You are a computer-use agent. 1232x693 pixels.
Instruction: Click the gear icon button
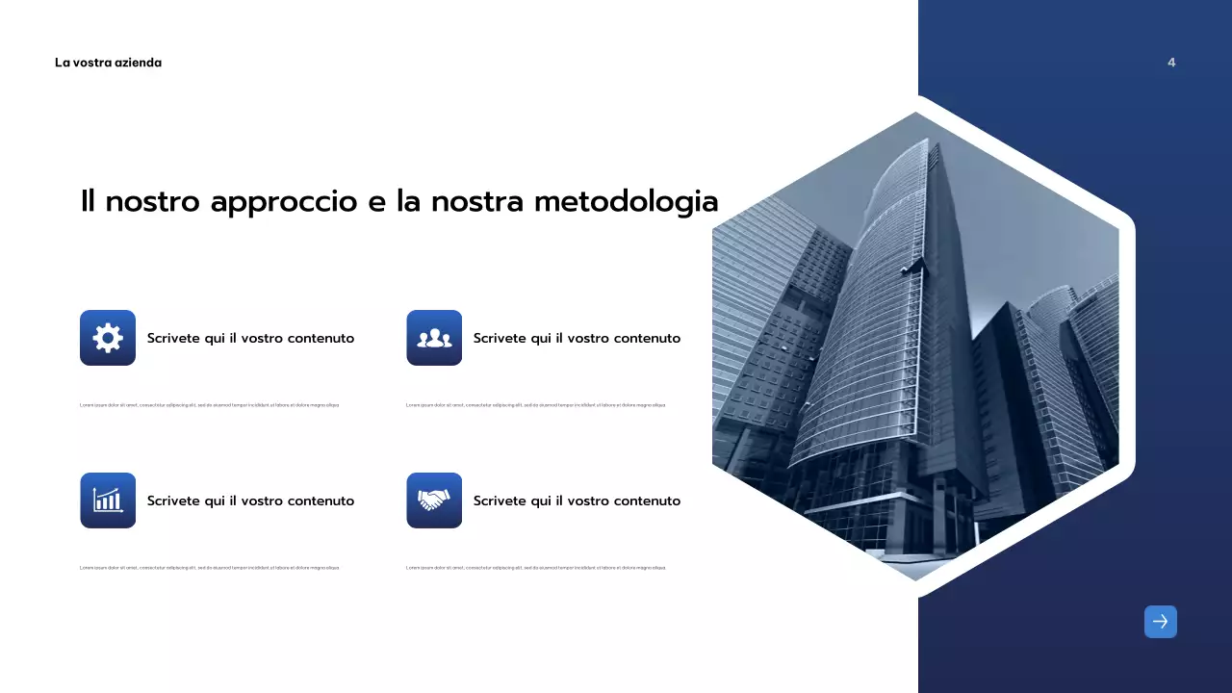pos(108,338)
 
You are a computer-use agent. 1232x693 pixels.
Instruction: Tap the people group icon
pos(434,338)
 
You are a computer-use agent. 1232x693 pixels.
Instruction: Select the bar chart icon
pos(108,500)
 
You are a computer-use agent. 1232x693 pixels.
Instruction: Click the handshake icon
pos(434,500)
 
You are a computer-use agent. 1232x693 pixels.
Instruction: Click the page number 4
pos(1171,63)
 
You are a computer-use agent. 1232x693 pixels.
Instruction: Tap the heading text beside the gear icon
pos(250,339)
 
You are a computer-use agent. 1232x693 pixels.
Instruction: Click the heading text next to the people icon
pos(577,339)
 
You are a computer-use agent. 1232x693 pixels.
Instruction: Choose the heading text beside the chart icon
pos(250,501)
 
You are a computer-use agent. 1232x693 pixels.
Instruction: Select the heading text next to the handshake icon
pos(577,501)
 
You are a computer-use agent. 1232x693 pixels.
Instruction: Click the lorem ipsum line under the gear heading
pos(209,405)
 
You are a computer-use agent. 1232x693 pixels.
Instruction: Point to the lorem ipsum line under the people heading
pos(535,405)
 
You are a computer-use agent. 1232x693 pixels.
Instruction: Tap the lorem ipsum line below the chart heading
pos(209,568)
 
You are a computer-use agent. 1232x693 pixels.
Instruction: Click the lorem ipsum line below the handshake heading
pos(535,568)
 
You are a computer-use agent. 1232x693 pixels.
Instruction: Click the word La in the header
pos(62,63)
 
